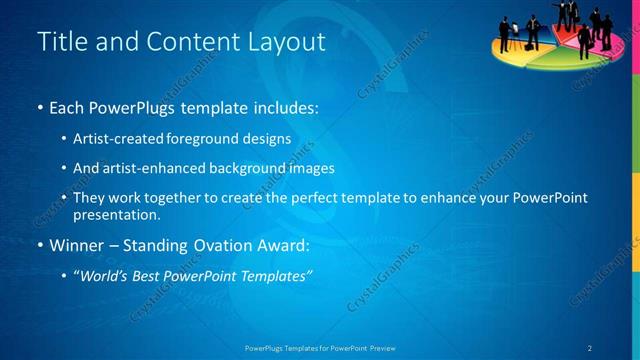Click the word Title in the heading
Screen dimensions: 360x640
[59, 42]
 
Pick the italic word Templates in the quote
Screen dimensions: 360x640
[277, 275]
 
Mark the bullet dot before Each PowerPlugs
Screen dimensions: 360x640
[39, 106]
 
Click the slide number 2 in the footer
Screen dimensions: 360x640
[589, 347]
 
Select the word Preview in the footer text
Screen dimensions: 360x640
[382, 347]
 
